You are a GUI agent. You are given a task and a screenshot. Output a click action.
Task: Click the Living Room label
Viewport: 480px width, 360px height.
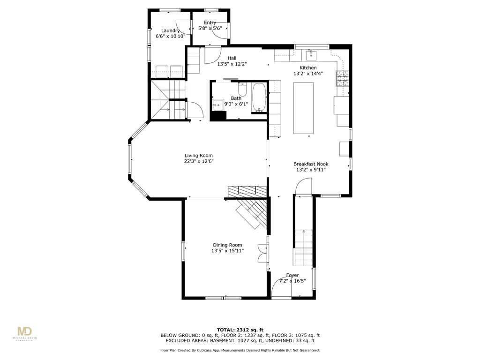pyautogui.click(x=198, y=156)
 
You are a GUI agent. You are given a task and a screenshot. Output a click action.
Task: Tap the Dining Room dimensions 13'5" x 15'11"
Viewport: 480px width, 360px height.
pyautogui.click(x=227, y=251)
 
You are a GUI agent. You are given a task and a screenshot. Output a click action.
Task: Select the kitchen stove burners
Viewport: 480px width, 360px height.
pyautogui.click(x=342, y=79)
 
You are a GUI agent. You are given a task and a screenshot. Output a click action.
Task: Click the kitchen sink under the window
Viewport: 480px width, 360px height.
pyautogui.click(x=311, y=56)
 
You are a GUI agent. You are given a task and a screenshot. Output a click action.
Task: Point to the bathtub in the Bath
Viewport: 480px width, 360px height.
pyautogui.click(x=259, y=98)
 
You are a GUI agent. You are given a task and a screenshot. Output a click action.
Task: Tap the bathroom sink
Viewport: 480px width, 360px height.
pyautogui.click(x=217, y=105)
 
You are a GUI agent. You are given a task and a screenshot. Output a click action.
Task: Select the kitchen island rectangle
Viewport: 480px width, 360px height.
pyautogui.click(x=303, y=108)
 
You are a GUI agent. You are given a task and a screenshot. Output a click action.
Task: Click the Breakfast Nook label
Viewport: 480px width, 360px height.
pyautogui.click(x=311, y=164)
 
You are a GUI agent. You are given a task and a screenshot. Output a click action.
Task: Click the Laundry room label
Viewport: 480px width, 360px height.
pyautogui.click(x=170, y=30)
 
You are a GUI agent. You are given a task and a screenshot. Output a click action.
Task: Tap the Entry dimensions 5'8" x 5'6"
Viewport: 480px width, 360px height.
pyautogui.click(x=210, y=28)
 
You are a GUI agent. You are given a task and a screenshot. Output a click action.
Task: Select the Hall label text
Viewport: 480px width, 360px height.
pyautogui.click(x=232, y=58)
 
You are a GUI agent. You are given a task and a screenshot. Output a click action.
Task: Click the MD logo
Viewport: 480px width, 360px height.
pyautogui.click(x=25, y=332)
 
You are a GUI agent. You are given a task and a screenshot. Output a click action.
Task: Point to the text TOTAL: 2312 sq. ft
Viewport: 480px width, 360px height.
pyautogui.click(x=240, y=330)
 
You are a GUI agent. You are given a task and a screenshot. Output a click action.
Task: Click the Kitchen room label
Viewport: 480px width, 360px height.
pyautogui.click(x=308, y=68)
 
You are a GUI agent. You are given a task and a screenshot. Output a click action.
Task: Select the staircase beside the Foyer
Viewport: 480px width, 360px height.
pyautogui.click(x=303, y=247)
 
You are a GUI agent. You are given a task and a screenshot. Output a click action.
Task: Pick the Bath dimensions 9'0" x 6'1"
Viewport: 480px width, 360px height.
pyautogui.click(x=236, y=104)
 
